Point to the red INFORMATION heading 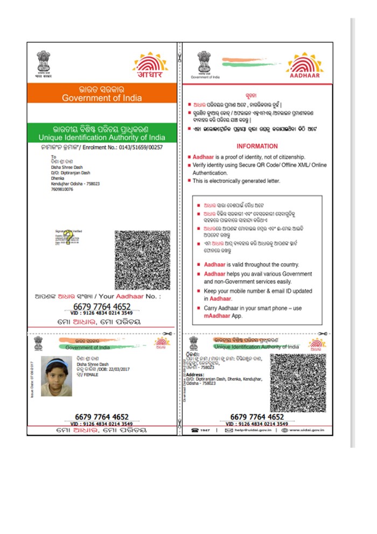[257, 146]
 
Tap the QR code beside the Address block [298, 382]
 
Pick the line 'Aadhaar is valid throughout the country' [251, 265]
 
